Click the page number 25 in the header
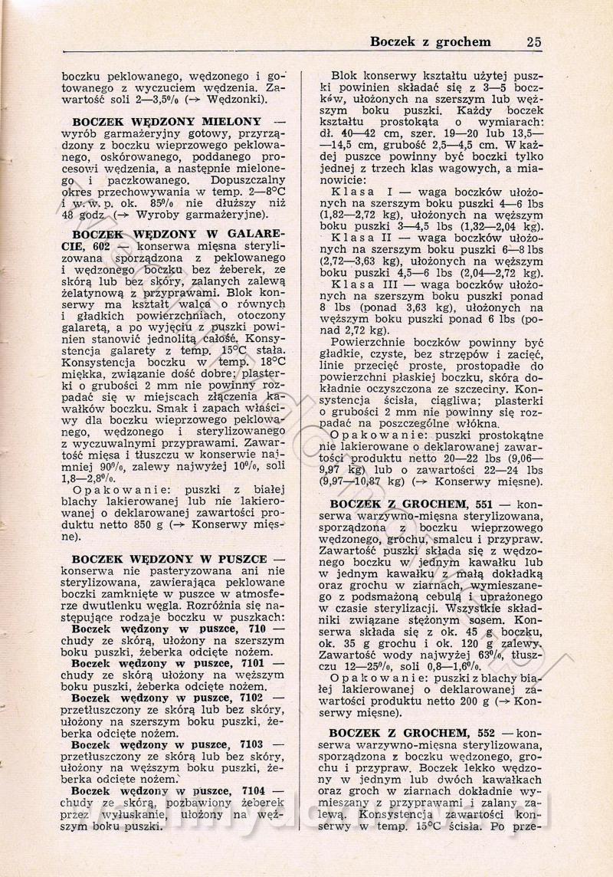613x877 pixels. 533,41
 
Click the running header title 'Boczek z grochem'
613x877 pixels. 430,41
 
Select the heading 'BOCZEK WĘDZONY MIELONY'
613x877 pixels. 166,122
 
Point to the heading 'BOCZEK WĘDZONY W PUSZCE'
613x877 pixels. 169,561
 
